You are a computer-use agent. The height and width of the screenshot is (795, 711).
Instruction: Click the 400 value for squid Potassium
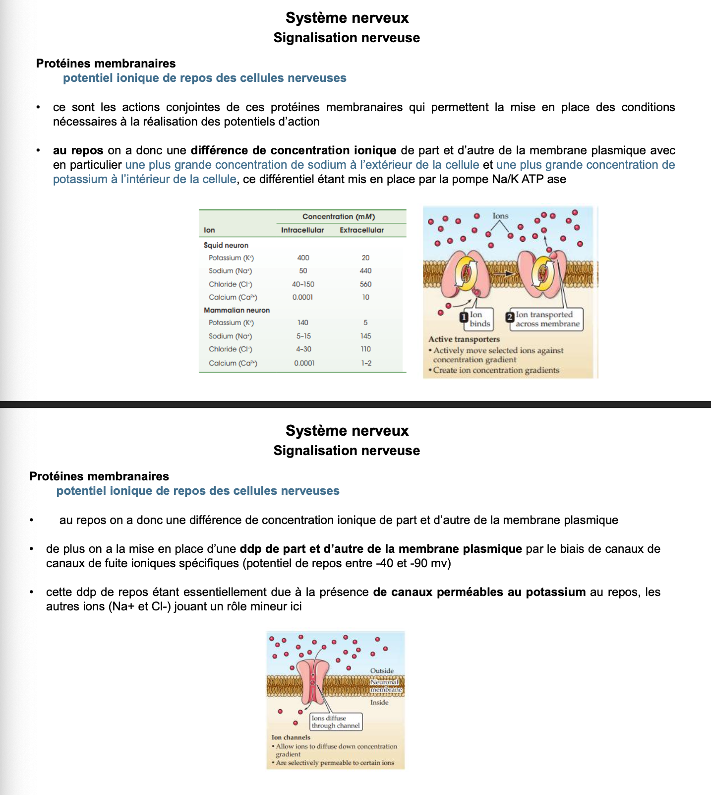point(303,258)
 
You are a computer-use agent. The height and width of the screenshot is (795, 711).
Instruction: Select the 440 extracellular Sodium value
point(365,270)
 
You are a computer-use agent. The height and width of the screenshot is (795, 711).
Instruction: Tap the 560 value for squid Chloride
point(365,284)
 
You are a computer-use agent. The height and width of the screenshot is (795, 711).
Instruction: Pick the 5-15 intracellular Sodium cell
point(303,336)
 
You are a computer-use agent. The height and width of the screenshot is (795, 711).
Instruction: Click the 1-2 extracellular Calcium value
point(366,363)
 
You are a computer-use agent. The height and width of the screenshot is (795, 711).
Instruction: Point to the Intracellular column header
point(302,230)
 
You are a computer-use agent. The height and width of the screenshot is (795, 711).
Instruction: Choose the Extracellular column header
point(361,230)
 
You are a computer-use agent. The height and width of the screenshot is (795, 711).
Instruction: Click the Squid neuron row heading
point(226,245)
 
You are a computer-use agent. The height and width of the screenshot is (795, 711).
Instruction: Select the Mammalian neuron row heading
point(237,310)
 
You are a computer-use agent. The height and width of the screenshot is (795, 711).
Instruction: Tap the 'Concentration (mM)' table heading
point(339,216)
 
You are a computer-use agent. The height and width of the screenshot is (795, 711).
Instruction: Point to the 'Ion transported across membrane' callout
point(544,319)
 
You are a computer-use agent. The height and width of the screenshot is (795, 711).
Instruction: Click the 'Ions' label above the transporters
point(500,216)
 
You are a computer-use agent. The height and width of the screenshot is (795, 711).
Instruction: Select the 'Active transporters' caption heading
point(464,339)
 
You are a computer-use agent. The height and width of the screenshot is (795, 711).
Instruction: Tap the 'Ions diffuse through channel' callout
point(336,722)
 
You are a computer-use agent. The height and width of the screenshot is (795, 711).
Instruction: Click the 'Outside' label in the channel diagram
point(382,670)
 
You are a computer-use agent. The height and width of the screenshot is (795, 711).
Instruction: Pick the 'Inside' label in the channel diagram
point(379,702)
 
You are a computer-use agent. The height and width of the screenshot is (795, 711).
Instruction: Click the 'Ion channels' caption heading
point(291,737)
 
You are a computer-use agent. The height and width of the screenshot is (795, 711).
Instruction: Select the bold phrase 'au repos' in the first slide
point(78,150)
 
